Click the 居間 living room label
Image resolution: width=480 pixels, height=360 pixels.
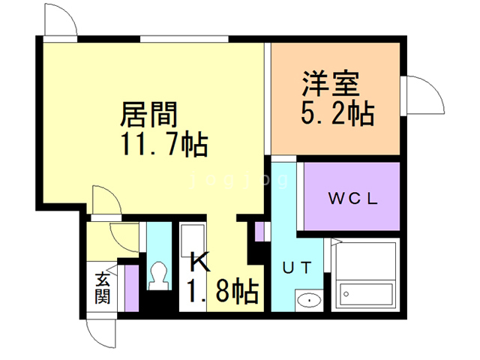(x=149, y=114)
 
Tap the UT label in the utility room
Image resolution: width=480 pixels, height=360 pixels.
(x=297, y=267)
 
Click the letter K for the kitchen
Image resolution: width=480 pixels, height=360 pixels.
(x=199, y=262)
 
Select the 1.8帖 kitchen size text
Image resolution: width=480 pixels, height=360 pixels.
(x=223, y=289)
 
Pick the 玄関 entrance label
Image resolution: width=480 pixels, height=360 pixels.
(x=102, y=288)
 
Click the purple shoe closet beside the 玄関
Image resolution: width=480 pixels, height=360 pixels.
(x=130, y=285)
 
